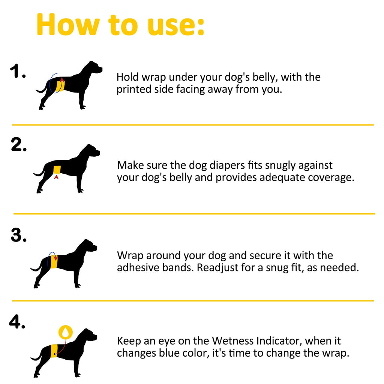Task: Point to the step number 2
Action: click(19, 144)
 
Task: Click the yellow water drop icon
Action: click(65, 332)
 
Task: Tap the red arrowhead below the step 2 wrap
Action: click(56, 177)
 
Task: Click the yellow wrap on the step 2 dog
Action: click(57, 170)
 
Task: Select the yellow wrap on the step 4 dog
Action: click(54, 351)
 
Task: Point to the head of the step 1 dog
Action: click(94, 67)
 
